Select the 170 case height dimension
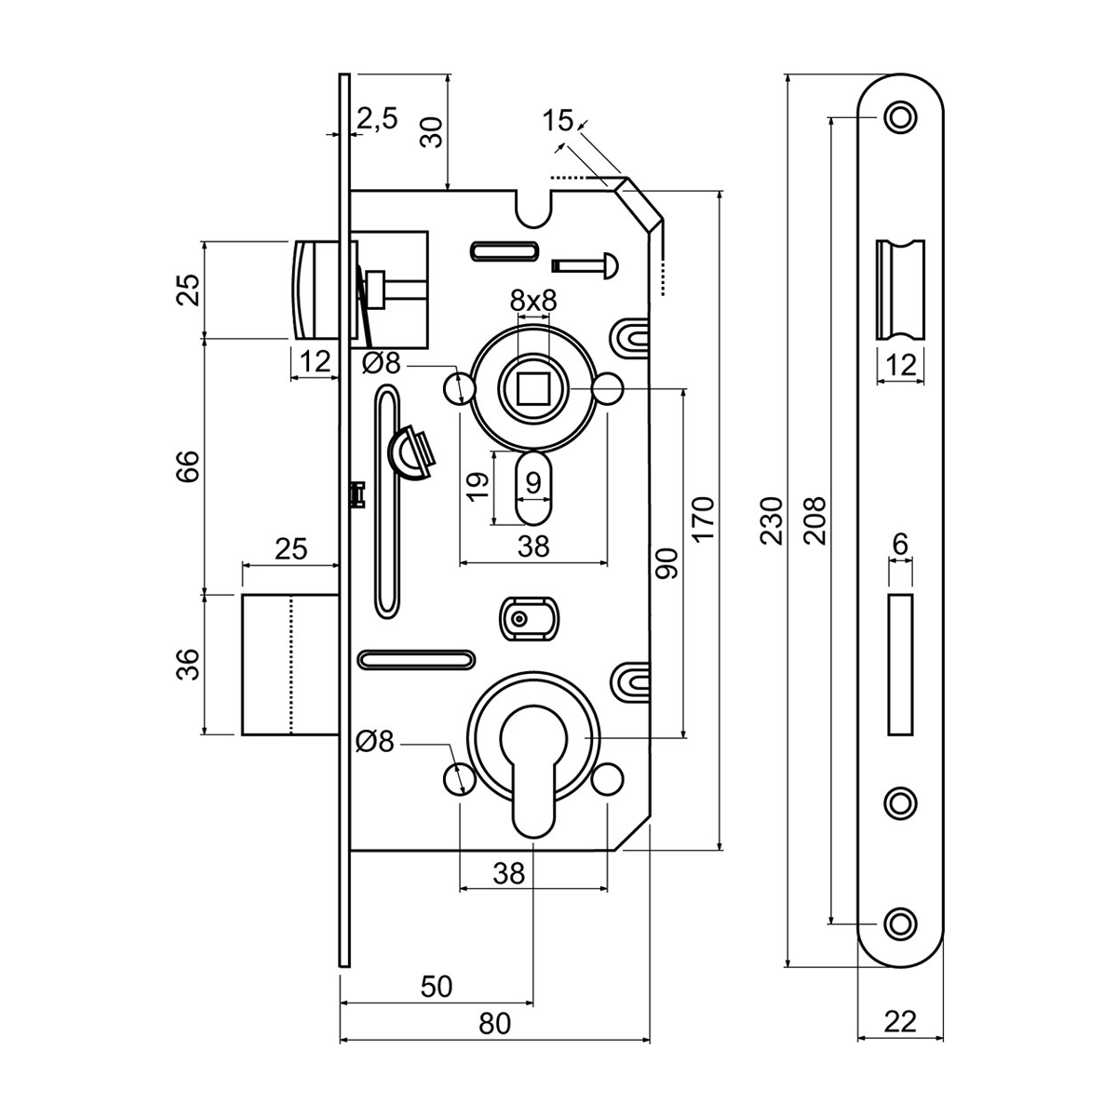(x=704, y=519)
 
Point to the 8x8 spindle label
(x=532, y=301)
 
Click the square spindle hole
(x=532, y=386)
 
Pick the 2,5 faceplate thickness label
(x=377, y=118)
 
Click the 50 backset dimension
(x=437, y=986)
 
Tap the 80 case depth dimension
(x=495, y=1024)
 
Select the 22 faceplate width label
(x=899, y=1022)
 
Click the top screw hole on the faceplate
(x=899, y=117)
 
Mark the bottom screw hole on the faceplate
(x=899, y=923)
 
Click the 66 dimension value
(x=188, y=465)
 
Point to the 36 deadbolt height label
(x=188, y=664)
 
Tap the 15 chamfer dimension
(x=558, y=120)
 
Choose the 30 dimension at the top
(x=431, y=132)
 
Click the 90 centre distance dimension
(x=667, y=562)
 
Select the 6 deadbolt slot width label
(x=899, y=544)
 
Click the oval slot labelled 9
(x=532, y=490)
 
